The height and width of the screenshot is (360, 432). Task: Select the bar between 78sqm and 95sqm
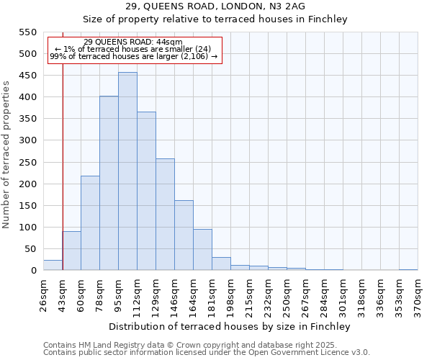pyautogui.click(x=109, y=183)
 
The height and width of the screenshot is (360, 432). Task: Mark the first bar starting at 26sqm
pyautogui.click(x=53, y=265)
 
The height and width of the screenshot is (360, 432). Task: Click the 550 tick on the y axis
pyautogui.click(x=27, y=32)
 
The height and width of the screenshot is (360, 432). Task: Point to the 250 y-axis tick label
pyautogui.click(x=27, y=163)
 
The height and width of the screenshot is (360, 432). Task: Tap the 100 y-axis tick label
pyautogui.click(x=27, y=228)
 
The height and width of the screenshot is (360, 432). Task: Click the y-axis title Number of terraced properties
pyautogui.click(x=7, y=155)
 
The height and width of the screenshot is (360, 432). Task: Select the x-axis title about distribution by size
pyautogui.click(x=229, y=326)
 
